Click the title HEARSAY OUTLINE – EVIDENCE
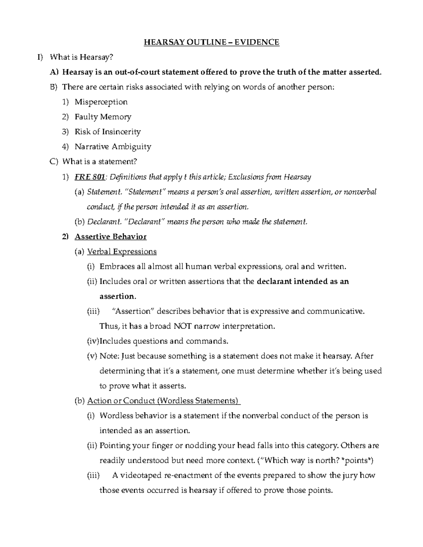pyautogui.click(x=211, y=43)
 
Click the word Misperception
pyautogui.click(x=101, y=102)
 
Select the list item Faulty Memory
pyautogui.click(x=103, y=117)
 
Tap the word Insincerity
pyautogui.click(x=121, y=132)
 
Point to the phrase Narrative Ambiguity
pyautogui.click(x=113, y=147)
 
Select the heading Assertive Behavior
pyautogui.click(x=110, y=237)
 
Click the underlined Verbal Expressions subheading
pyautogui.click(x=122, y=251)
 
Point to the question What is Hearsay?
pyautogui.click(x=82, y=57)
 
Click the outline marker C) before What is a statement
pyautogui.click(x=53, y=162)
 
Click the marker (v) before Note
pyautogui.click(x=92, y=356)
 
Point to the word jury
pyautogui.click(x=350, y=475)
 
